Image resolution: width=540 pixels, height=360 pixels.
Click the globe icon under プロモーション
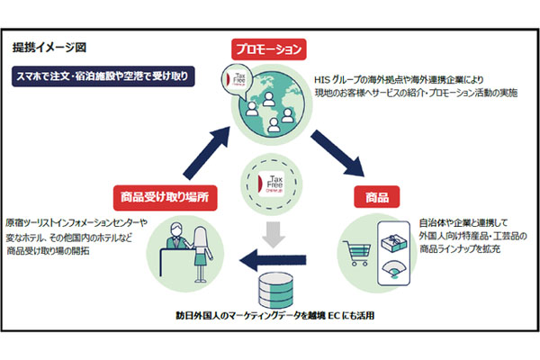(267, 105)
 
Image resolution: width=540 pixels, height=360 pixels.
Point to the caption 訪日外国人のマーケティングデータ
(238, 317)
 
